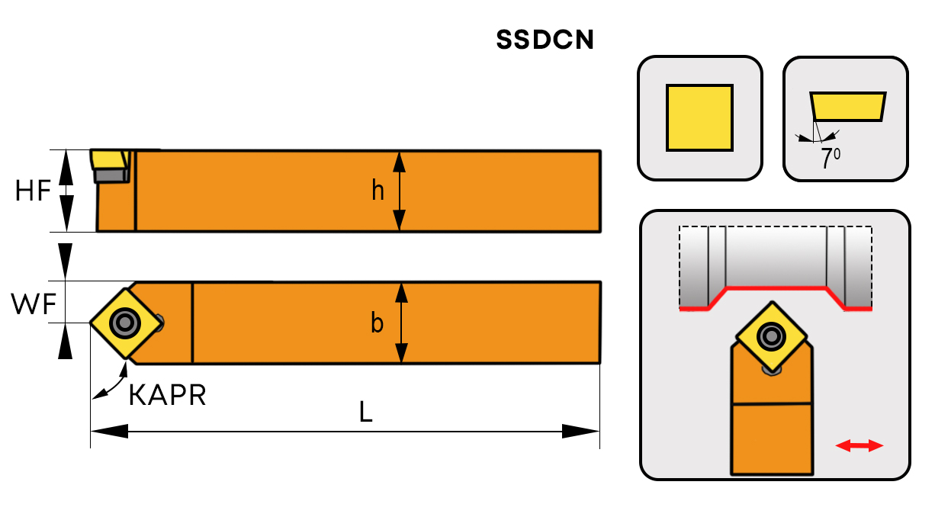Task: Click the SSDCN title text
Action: [x=545, y=40]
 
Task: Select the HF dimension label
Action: [x=34, y=191]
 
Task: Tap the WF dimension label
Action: [x=34, y=305]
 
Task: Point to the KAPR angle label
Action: [x=167, y=396]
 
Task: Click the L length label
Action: [x=367, y=413]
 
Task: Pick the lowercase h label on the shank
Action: [x=378, y=191]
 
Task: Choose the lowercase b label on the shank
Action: [x=377, y=323]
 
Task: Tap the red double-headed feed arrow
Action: [x=859, y=445]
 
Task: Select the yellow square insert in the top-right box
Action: [x=699, y=117]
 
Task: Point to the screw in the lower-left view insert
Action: [x=124, y=323]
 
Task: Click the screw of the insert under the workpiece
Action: [x=773, y=336]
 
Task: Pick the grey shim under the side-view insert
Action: [x=111, y=175]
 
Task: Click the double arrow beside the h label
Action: [x=398, y=191]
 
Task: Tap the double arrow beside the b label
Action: [x=398, y=323]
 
